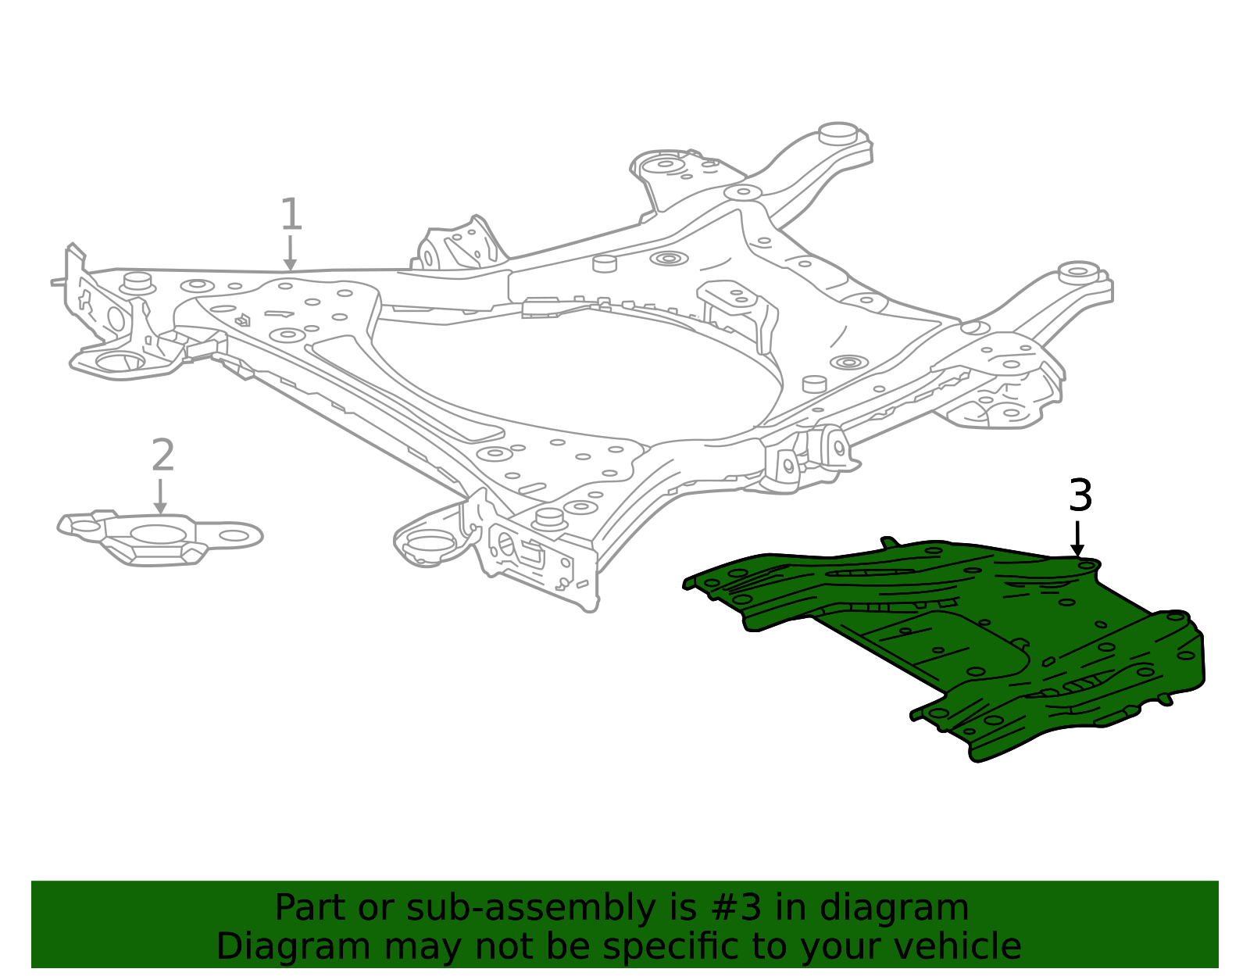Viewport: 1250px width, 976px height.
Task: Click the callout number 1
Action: pyautogui.click(x=291, y=214)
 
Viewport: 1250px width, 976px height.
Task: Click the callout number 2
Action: pyautogui.click(x=162, y=454)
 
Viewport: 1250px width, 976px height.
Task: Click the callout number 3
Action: pyautogui.click(x=1080, y=495)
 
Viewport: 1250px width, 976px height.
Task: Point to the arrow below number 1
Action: pyautogui.click(x=291, y=253)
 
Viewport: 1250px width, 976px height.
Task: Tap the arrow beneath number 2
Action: pyautogui.click(x=160, y=496)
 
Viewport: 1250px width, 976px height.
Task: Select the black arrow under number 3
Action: pyautogui.click(x=1077, y=539)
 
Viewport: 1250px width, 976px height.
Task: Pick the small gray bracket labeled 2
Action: pyautogui.click(x=160, y=538)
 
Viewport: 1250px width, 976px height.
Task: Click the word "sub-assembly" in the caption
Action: pyautogui.click(x=530, y=908)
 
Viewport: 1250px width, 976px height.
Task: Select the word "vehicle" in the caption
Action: pyautogui.click(x=959, y=946)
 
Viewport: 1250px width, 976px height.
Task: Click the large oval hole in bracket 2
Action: pyautogui.click(x=158, y=534)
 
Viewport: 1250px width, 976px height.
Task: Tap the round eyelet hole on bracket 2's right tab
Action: pyautogui.click(x=234, y=536)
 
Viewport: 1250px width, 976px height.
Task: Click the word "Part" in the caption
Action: pyautogui.click(x=311, y=908)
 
